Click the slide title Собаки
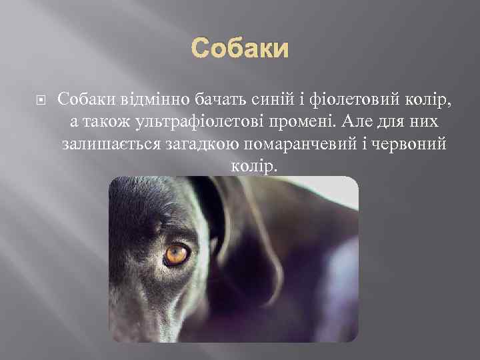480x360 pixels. (x=240, y=49)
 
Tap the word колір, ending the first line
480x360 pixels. (x=426, y=100)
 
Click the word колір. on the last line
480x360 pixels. (x=252, y=165)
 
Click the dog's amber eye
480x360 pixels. (x=176, y=255)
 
